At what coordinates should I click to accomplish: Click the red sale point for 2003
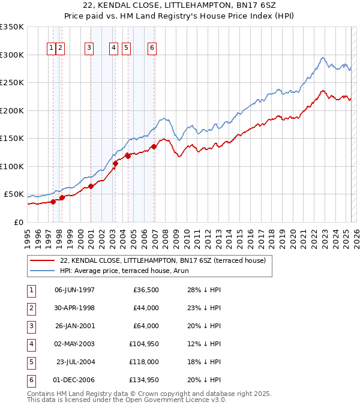pyautogui.click(x=115, y=163)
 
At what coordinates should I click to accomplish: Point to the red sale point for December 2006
pyautogui.click(x=154, y=146)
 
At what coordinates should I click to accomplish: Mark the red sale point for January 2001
pyautogui.click(x=91, y=186)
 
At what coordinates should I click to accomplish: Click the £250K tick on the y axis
pyautogui.click(x=12, y=83)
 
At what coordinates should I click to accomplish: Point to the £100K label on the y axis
pyautogui.click(x=12, y=166)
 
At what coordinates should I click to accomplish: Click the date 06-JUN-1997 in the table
pyautogui.click(x=74, y=290)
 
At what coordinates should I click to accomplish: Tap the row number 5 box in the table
pyautogui.click(x=31, y=362)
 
